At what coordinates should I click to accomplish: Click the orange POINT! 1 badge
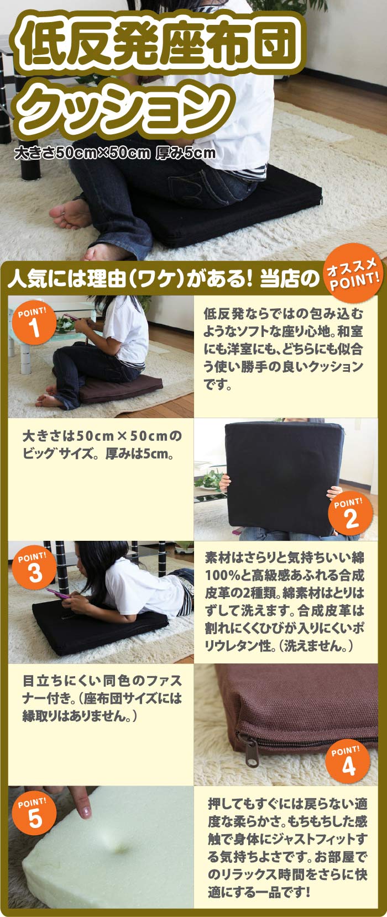coord(34,323)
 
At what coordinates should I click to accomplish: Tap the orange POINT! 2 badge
coord(351,514)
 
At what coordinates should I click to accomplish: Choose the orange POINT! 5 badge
coord(34,814)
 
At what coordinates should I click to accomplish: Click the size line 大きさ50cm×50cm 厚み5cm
coord(114,153)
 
